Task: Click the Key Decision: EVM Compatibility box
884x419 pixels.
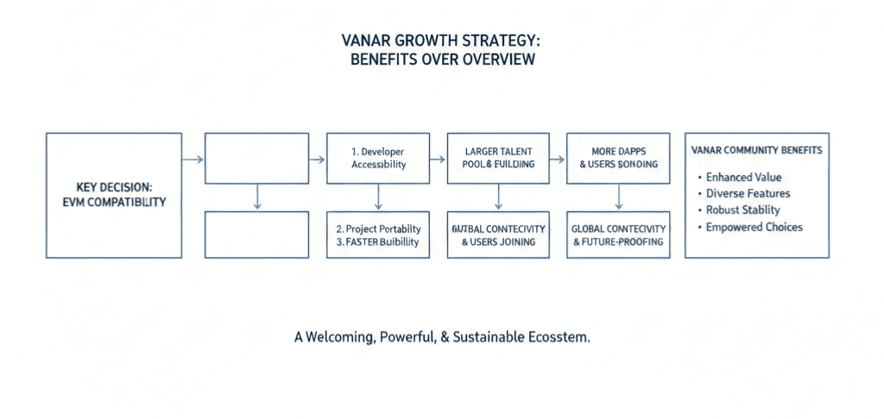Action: point(114,195)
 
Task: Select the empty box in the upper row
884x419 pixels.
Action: point(256,158)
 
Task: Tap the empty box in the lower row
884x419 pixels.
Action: point(256,235)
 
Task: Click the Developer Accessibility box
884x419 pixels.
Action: point(378,158)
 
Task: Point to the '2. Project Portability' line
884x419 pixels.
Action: point(378,228)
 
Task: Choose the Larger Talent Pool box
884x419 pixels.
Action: point(498,158)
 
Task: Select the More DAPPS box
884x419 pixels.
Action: point(618,158)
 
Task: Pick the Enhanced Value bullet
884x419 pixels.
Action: point(743,177)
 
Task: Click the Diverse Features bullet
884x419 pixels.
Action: point(748,193)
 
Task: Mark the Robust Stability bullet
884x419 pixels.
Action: point(742,209)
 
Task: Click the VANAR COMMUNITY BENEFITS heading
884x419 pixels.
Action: point(756,150)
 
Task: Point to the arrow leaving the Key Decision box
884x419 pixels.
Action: point(193,159)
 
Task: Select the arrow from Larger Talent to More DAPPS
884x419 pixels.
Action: point(559,159)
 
